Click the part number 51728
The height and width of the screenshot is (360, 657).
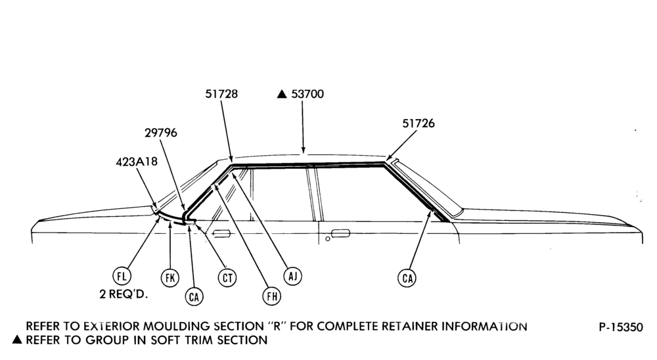point(221,94)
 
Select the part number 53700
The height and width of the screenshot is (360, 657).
point(307,94)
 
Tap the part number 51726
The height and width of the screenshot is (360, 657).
point(419,124)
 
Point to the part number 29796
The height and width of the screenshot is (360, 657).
point(161,133)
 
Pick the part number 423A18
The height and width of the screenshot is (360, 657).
point(137,162)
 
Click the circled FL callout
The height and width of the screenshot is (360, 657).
point(122,276)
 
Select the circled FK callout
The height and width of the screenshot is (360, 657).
point(170,277)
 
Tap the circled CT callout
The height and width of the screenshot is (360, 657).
point(227,277)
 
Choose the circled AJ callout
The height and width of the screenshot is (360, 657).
point(292,276)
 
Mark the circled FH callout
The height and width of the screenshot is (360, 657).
point(271,296)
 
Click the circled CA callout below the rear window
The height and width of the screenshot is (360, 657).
point(407,278)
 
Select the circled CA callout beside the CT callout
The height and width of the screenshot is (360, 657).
point(194,297)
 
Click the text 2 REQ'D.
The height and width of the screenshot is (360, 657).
point(124,294)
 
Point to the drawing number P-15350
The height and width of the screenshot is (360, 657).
point(621,327)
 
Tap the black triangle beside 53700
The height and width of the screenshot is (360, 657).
point(282,95)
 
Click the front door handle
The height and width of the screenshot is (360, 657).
point(221,233)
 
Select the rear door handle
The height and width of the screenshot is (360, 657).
point(340,233)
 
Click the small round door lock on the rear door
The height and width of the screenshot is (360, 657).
point(328,239)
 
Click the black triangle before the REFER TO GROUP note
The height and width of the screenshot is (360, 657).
point(17,340)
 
